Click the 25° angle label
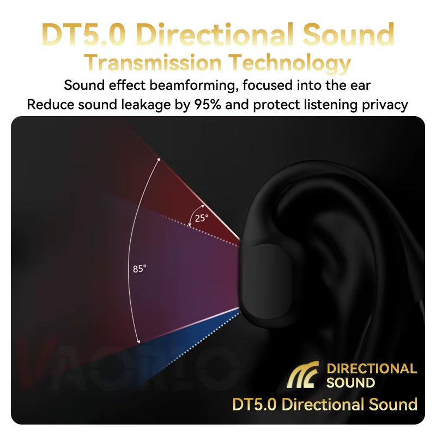(x=202, y=218)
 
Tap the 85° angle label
(x=140, y=269)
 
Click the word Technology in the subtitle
(x=288, y=63)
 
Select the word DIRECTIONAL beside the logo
(x=372, y=369)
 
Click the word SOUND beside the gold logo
(x=350, y=383)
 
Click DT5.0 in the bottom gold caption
(x=255, y=404)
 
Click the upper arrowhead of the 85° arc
(x=159, y=159)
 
